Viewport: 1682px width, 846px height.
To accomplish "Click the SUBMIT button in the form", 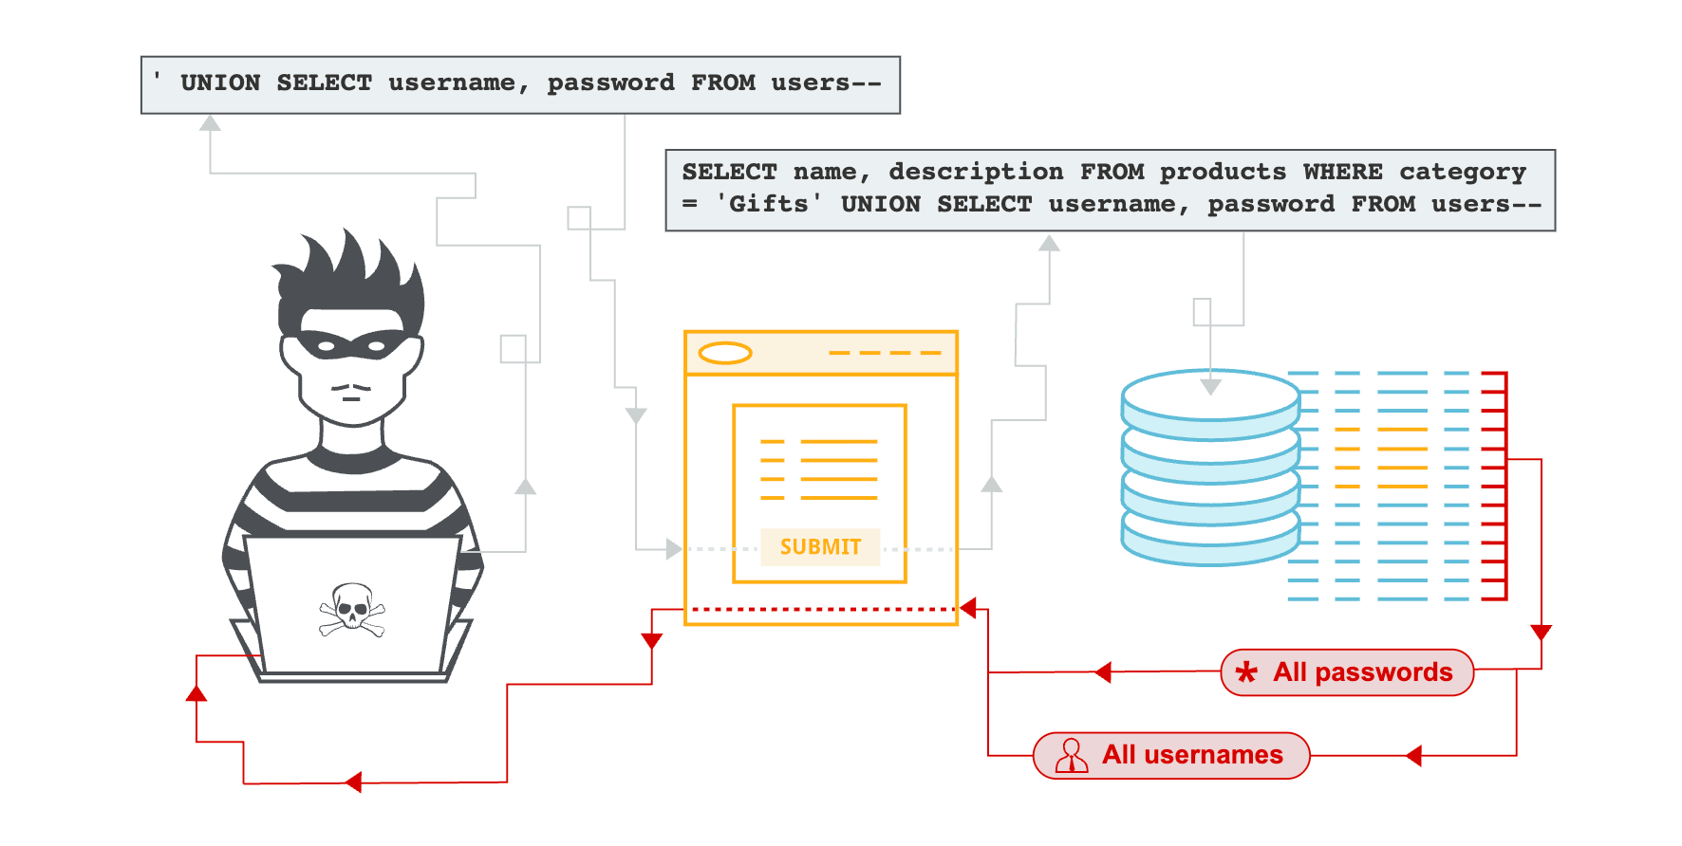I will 820,547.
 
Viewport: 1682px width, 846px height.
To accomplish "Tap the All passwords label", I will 1362,672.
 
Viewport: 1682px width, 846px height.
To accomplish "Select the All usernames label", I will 1191,755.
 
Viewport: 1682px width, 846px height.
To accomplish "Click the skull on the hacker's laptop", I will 351,608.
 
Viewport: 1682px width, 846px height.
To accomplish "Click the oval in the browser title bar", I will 725,354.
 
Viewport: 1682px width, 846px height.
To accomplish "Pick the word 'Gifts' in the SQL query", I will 769,204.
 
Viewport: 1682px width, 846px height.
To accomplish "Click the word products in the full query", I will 1223,172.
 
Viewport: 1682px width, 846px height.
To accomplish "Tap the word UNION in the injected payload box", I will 220,83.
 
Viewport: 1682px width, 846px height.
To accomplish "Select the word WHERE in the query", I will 1342,172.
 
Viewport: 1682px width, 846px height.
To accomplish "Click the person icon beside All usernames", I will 1072,756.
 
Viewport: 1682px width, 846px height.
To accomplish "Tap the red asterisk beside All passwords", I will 1246,672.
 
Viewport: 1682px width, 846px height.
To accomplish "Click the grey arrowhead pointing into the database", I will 1210,387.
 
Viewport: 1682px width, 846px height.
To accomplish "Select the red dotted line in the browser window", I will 821,609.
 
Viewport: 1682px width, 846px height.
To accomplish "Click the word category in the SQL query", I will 1462,172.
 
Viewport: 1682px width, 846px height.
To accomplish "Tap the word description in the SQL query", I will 976,172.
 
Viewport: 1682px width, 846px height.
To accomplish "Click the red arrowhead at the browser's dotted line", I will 968,609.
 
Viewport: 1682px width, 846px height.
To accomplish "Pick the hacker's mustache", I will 351,387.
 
